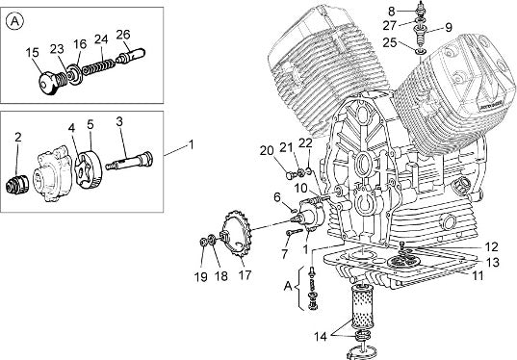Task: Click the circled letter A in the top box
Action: tap(14, 21)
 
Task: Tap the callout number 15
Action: tap(33, 53)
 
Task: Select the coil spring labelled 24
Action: tap(98, 65)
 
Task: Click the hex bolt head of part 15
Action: tap(47, 84)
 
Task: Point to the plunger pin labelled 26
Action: tap(131, 56)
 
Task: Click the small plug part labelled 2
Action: tap(17, 184)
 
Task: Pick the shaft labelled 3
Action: tap(129, 161)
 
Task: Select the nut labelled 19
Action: tap(203, 242)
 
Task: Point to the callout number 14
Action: tap(321, 337)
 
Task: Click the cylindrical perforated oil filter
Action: tap(361, 308)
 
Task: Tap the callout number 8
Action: tap(392, 12)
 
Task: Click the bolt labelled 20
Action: tap(291, 175)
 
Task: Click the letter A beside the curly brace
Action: tap(288, 286)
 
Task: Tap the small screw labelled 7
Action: tap(294, 232)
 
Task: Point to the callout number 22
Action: tap(305, 143)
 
